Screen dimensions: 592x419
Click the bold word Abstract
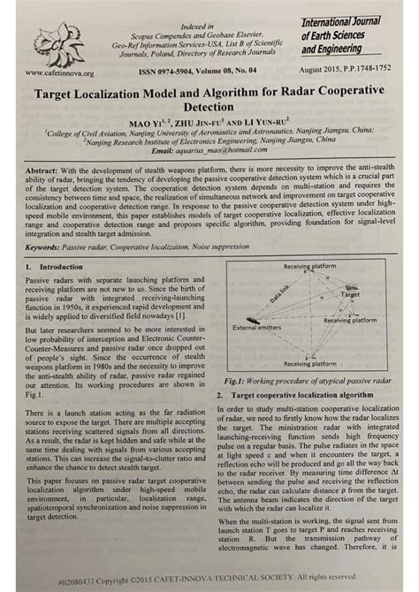tap(42, 169)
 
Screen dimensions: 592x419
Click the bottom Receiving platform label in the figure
tap(309, 363)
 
